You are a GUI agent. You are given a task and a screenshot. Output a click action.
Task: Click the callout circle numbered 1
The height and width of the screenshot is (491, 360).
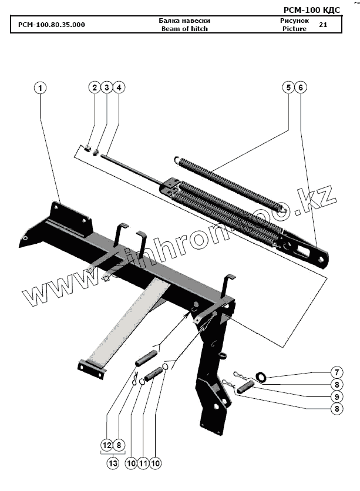click(x=40, y=88)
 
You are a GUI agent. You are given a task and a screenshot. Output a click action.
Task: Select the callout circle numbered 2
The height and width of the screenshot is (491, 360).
click(x=94, y=88)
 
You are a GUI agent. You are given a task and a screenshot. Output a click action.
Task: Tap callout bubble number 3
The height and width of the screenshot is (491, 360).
click(x=106, y=88)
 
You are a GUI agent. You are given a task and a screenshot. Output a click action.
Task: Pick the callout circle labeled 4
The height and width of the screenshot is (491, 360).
click(x=119, y=88)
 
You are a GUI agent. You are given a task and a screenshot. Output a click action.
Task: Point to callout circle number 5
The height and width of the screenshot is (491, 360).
click(x=288, y=88)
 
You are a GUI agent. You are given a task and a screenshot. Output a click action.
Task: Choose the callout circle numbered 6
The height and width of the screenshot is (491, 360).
click(x=300, y=88)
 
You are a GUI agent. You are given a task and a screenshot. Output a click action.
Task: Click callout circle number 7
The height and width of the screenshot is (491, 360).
click(x=336, y=372)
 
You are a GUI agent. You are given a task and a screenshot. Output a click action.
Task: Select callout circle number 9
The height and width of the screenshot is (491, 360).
click(x=336, y=396)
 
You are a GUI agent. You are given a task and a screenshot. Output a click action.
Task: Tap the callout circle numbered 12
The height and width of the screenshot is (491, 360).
click(x=107, y=445)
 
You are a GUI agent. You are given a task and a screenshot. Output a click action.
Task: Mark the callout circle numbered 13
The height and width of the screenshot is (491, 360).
click(x=113, y=463)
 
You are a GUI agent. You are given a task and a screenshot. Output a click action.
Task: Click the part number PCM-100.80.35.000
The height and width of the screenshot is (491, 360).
click(x=51, y=25)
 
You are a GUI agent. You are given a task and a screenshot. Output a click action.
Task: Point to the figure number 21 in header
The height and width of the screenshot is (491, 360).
click(x=323, y=25)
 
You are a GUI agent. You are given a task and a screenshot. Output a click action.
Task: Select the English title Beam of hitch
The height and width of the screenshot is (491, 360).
click(x=184, y=28)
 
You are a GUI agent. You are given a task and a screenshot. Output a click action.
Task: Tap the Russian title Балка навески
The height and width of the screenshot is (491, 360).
click(x=184, y=21)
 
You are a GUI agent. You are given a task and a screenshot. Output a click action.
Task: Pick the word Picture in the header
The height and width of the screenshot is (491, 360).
click(x=294, y=28)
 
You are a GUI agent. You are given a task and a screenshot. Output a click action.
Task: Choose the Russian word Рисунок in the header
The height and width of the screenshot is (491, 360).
click(x=294, y=21)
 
